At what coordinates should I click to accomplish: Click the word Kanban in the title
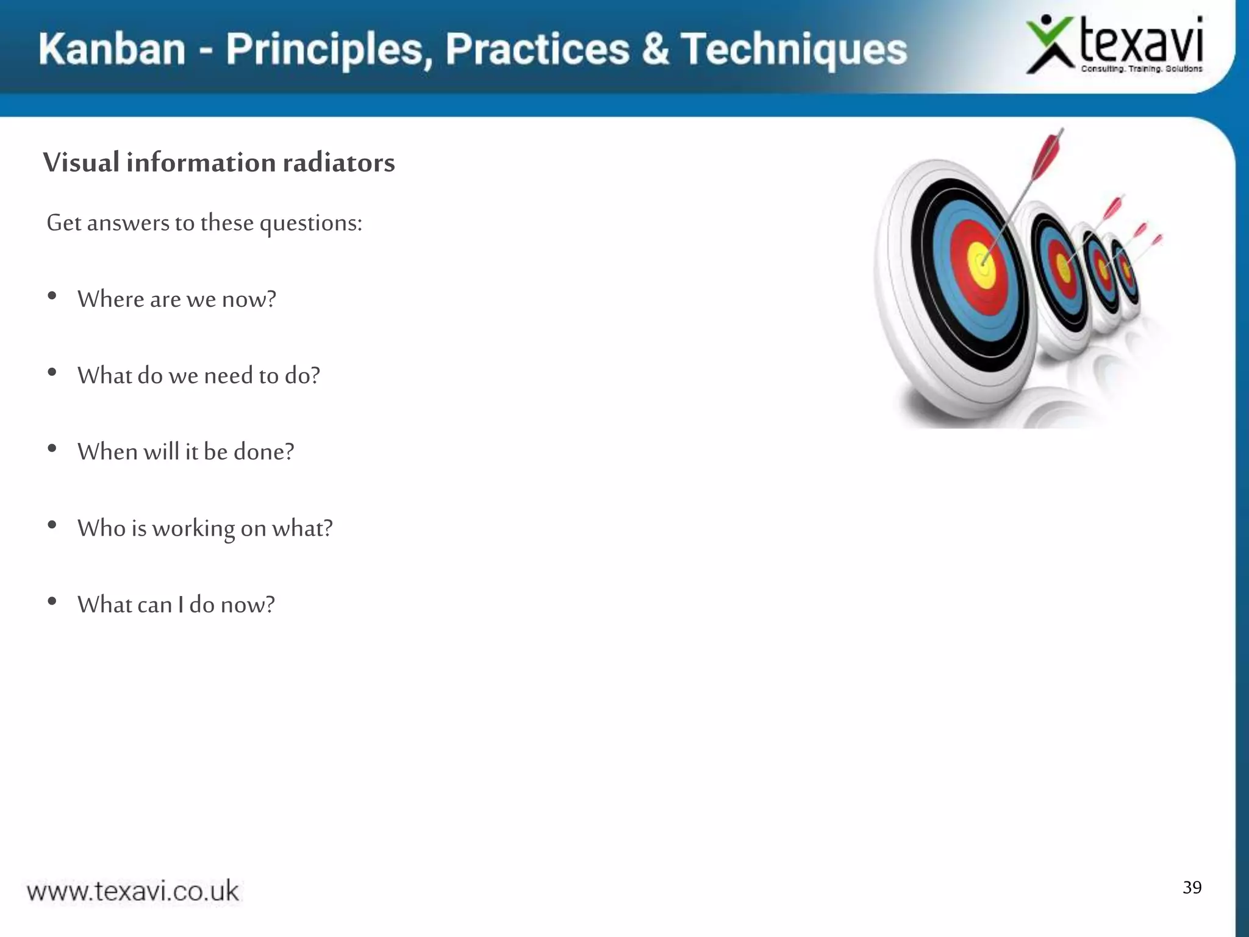pos(112,49)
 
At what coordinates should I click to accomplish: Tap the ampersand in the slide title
pos(655,49)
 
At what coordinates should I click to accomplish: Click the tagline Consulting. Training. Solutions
pos(1141,69)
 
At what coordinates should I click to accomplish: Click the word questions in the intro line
pos(310,223)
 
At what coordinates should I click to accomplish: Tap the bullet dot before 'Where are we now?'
pos(52,296)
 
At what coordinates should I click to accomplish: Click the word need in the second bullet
pos(228,376)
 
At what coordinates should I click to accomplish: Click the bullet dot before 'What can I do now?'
pos(52,601)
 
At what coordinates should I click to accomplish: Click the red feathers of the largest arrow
pos(1047,153)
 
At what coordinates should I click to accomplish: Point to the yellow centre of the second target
pos(1064,268)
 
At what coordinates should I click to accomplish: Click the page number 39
pos(1192,887)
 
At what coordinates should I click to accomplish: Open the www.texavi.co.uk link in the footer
pos(133,891)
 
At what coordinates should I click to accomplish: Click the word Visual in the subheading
pos(81,163)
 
